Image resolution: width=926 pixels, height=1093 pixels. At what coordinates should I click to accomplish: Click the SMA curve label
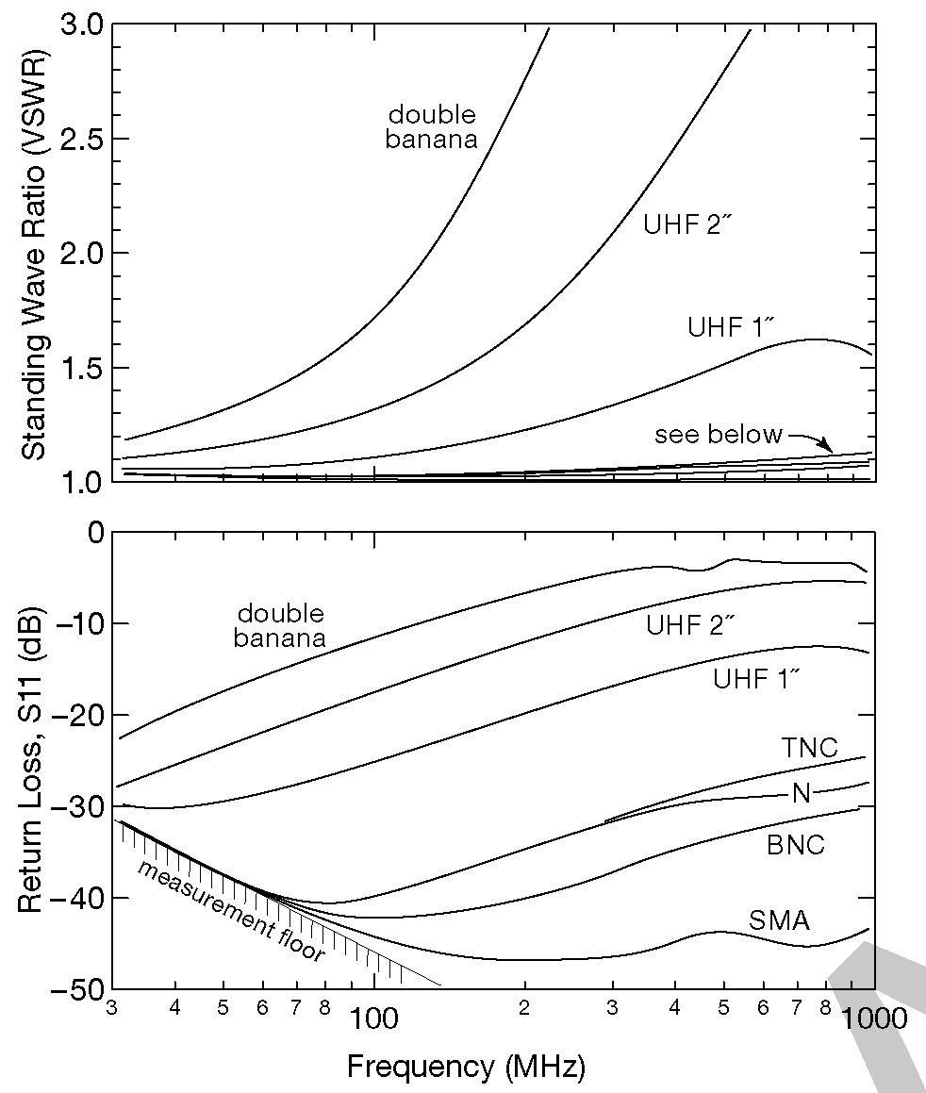[780, 920]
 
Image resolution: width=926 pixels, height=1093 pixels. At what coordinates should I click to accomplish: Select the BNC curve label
[794, 844]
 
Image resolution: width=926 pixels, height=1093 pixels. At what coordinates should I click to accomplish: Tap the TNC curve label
[809, 748]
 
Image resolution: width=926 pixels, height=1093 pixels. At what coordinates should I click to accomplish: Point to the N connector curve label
[801, 793]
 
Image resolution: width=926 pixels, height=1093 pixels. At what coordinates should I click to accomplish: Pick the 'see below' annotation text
[719, 434]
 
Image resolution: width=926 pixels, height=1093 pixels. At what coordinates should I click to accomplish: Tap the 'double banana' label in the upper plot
[432, 127]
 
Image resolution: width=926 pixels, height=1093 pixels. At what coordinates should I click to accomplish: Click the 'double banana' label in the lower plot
[281, 626]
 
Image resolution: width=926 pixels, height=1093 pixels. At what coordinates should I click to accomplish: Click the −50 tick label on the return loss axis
[73, 989]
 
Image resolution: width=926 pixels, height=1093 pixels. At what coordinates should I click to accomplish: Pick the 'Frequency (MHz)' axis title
[466, 1067]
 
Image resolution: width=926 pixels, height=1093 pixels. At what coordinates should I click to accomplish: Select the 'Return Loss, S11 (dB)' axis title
[34, 760]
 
